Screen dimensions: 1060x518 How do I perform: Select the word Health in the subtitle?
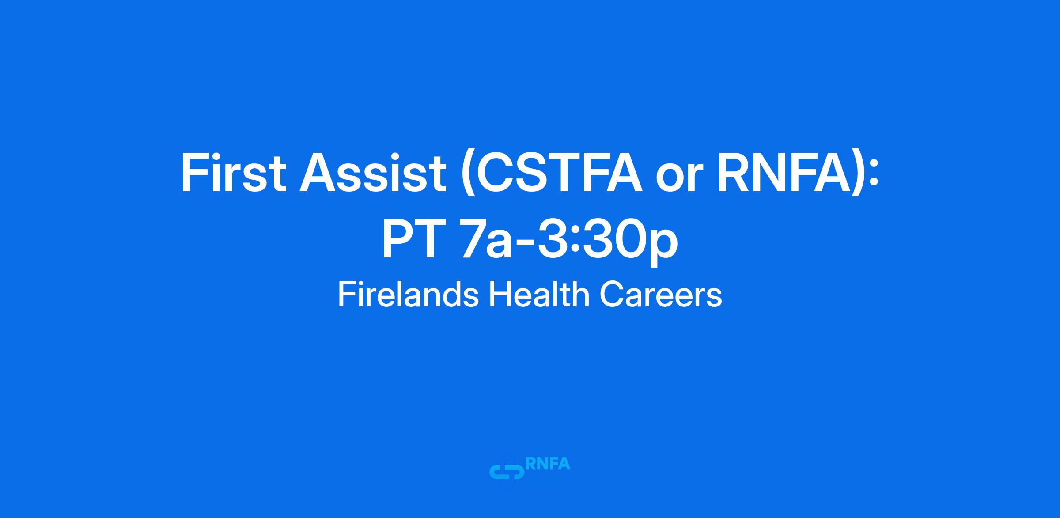(x=539, y=295)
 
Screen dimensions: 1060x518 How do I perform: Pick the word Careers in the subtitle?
(x=660, y=295)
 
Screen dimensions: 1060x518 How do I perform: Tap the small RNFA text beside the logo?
(x=548, y=464)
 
